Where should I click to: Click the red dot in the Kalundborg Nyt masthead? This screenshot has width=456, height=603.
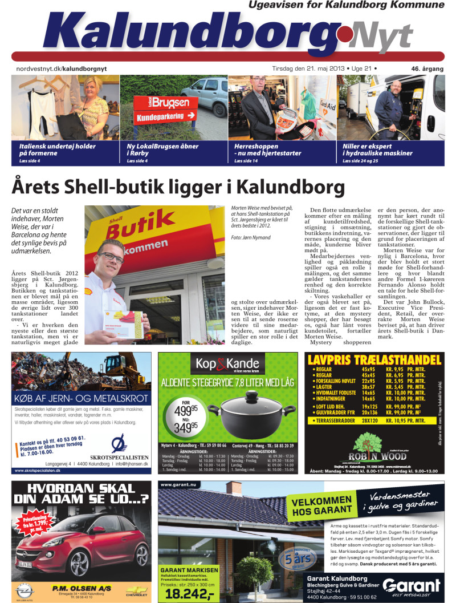(344, 32)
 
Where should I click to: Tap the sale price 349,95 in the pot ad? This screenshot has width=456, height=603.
(186, 427)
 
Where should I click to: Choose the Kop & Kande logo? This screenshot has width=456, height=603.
(227, 363)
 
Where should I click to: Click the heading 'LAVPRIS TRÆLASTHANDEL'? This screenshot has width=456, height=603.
(373, 360)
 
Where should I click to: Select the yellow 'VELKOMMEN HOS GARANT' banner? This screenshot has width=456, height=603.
(323, 505)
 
